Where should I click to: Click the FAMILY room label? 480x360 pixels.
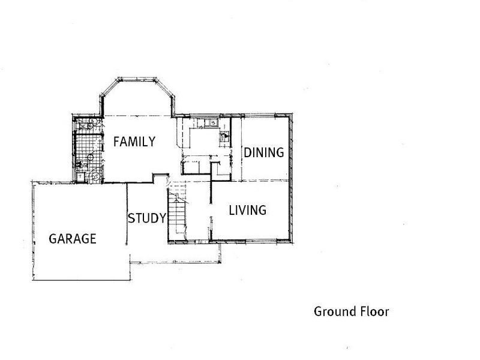point(134,142)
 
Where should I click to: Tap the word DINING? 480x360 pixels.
point(263,153)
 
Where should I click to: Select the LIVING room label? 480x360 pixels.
point(247,211)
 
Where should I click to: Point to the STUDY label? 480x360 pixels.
point(146,218)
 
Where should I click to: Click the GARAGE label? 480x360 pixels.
point(72,239)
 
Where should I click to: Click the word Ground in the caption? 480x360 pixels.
point(332,312)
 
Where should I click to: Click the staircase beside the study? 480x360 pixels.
point(178,213)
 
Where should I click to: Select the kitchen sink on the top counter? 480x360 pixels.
point(205,123)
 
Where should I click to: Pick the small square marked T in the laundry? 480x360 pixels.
point(80,176)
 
